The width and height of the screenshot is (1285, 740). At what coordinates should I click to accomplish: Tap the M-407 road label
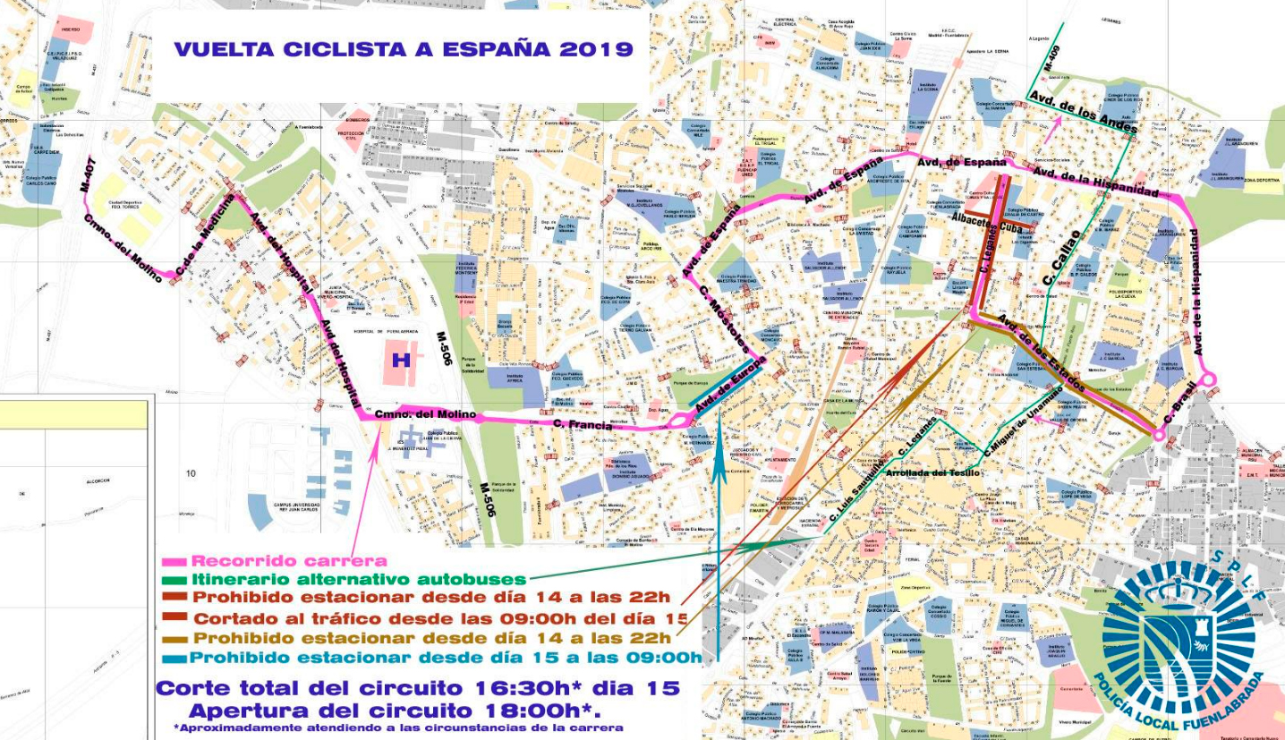(87, 175)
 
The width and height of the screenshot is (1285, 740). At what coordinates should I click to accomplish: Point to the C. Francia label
(583, 425)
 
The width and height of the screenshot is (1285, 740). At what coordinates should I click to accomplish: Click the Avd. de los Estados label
(1042, 353)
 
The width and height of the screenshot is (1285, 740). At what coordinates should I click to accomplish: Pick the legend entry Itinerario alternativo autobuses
(358, 580)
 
